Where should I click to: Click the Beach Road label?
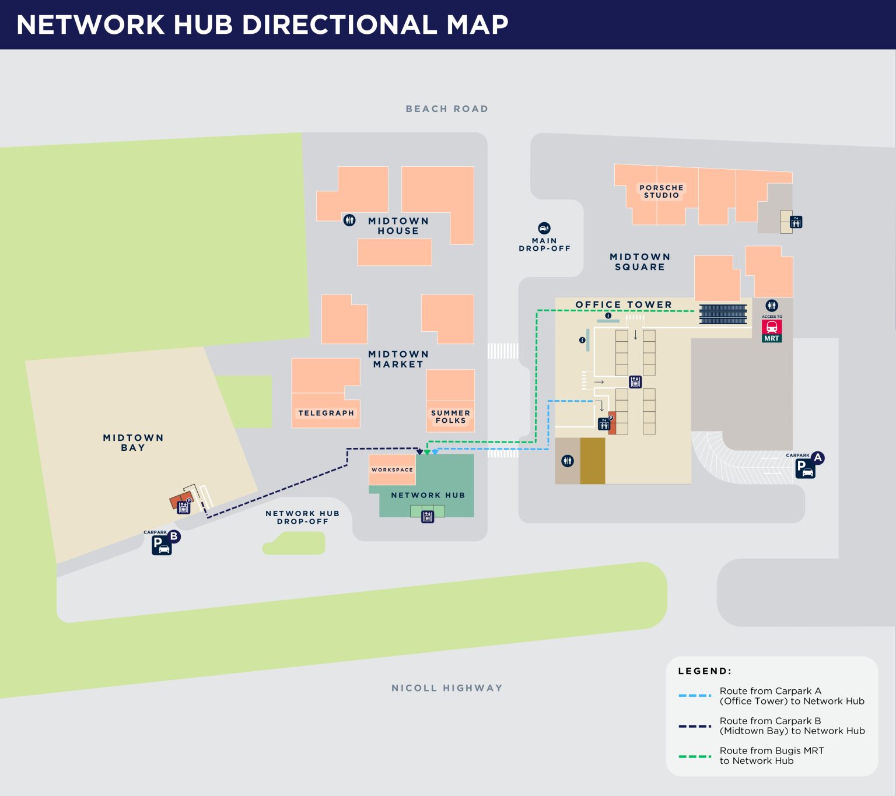447,109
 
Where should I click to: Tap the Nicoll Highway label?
447,688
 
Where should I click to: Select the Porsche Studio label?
661,191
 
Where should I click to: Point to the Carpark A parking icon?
806,468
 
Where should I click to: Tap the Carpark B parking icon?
162,545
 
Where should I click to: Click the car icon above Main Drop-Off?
544,228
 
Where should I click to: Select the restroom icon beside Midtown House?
349,220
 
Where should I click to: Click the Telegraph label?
326,413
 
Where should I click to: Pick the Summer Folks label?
450,416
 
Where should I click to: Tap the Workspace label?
392,470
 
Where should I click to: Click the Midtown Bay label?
133,443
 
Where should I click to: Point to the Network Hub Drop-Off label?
302,517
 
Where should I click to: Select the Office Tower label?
624,304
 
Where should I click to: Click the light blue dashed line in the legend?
695,696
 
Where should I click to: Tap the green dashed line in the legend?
695,756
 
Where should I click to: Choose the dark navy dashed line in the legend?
695,726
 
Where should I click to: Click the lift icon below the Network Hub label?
428,517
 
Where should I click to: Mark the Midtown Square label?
640,262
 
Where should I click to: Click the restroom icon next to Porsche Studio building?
796,222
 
